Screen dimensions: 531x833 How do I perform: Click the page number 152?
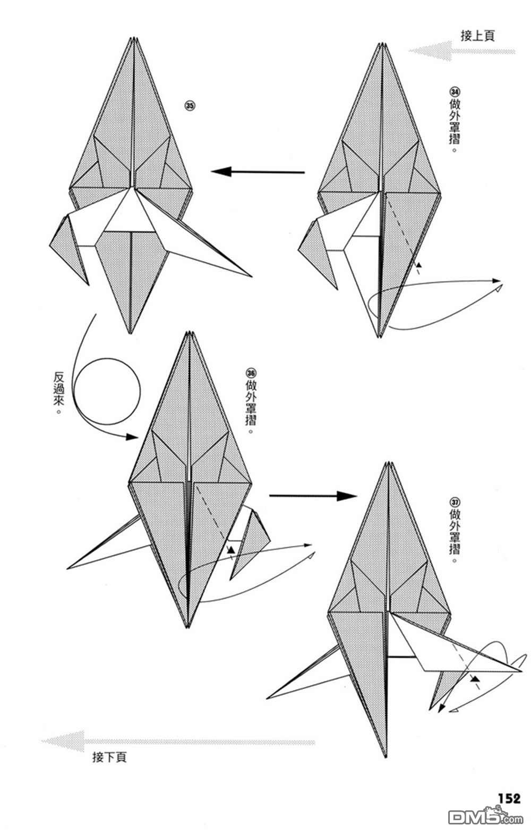pos(509,798)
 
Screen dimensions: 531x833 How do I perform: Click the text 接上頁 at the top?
pos(477,36)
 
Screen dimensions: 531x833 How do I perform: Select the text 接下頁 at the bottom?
pos(109,756)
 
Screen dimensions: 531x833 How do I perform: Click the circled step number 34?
pos(455,91)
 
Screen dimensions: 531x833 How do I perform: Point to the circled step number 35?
pos(190,106)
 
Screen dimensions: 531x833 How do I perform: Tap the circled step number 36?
pos(251,373)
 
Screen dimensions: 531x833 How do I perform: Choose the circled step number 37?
pos(455,502)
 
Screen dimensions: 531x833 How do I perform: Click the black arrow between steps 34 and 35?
pos(258,172)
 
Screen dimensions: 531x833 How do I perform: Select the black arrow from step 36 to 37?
pos(313,496)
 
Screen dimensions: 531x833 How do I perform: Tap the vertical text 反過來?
pos(58,393)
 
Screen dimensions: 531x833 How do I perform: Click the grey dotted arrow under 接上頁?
pos(462,51)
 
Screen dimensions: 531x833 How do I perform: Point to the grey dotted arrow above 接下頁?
pos(178,742)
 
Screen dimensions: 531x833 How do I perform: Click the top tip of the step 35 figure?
pos(132,38)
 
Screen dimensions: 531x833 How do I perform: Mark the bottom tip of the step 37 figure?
pos(386,757)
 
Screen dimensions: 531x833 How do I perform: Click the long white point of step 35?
pos(251,276)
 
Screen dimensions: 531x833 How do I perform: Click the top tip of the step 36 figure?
pos(190,331)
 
